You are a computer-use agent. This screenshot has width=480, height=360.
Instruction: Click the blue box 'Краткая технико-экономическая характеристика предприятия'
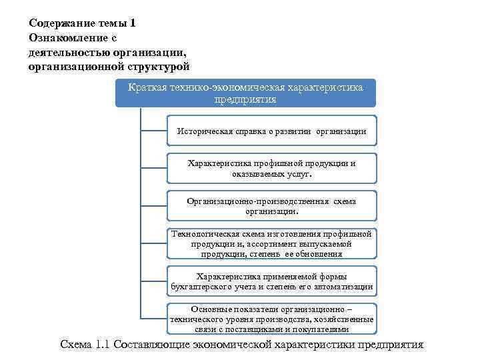coord(245,93)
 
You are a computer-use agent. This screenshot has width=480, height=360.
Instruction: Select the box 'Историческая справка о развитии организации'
coord(271,131)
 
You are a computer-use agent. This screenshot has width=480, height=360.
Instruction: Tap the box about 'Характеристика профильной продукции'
coord(271,168)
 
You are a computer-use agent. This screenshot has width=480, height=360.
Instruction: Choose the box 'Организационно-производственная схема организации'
coord(271,205)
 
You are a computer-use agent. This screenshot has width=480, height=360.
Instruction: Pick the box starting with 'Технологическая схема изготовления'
coord(271,243)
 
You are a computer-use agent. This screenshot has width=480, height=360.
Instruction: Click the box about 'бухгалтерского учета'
coord(271,281)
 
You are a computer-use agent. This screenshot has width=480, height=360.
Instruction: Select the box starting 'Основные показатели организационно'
coord(271,319)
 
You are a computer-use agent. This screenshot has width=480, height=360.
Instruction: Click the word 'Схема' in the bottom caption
coord(77,345)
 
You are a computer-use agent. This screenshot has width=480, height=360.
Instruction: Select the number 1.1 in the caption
coord(102,345)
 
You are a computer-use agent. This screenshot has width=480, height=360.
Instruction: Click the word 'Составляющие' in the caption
coord(151,345)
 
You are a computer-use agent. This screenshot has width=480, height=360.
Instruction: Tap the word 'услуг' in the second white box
coord(297,174)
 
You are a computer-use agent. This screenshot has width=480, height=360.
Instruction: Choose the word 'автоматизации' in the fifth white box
coord(343,287)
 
